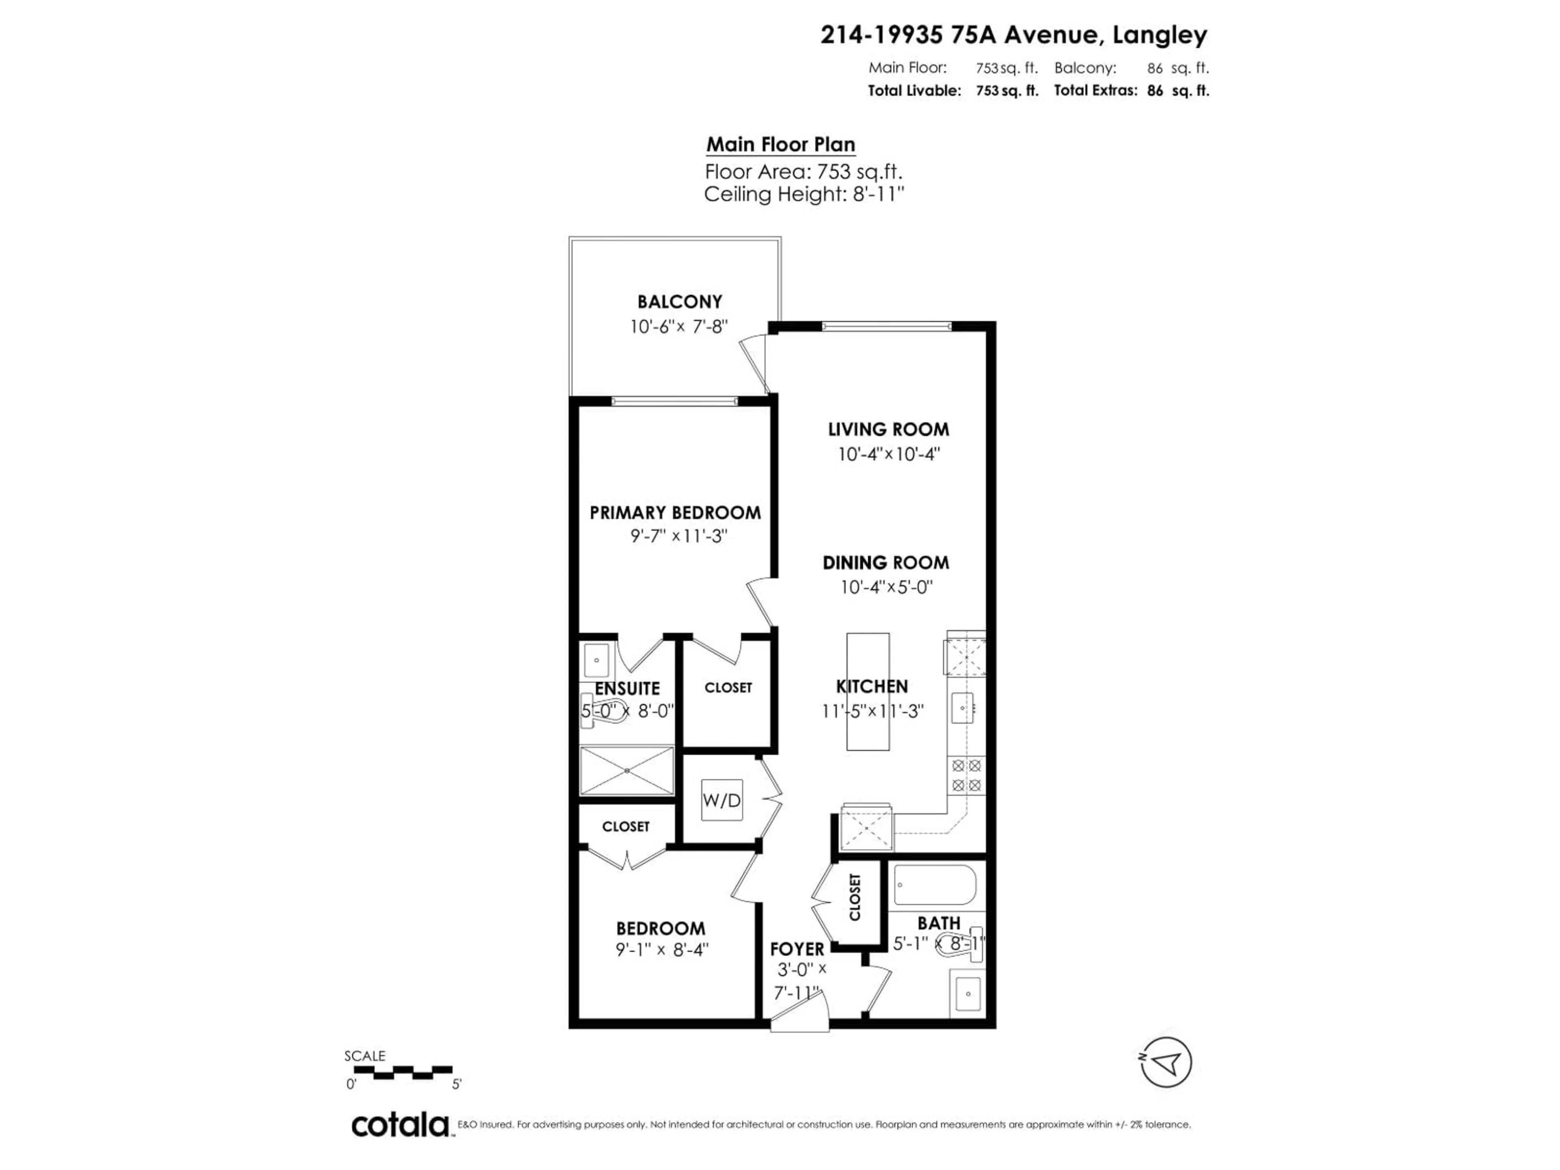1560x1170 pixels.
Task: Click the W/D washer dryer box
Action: [721, 800]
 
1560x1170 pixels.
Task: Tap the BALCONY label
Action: [679, 302]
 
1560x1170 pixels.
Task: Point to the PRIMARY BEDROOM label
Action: [675, 513]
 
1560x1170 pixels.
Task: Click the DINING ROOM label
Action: [886, 563]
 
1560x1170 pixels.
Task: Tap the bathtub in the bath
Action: [934, 884]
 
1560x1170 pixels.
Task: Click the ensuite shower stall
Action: [626, 771]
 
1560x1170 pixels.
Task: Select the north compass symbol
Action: [1166, 1062]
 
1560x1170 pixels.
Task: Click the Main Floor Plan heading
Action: [781, 145]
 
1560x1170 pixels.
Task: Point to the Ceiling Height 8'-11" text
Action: [804, 194]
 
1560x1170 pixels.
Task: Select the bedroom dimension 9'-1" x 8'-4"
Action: [661, 950]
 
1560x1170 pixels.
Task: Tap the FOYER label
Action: [797, 949]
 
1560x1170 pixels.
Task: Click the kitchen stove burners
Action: [966, 775]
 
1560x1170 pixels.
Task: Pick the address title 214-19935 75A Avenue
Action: [1014, 35]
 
